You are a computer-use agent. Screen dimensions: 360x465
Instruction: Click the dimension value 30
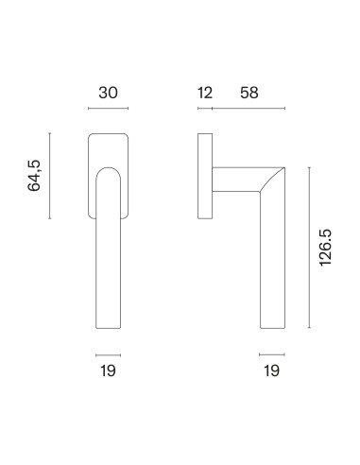(x=108, y=93)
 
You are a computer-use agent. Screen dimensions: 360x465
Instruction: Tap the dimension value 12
(x=205, y=93)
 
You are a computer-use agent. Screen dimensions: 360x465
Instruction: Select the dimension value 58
(x=249, y=93)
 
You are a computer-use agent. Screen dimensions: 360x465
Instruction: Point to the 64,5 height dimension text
(x=34, y=176)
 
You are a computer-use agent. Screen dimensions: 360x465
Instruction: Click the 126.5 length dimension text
(x=325, y=248)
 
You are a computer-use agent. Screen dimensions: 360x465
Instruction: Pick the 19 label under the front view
(x=108, y=370)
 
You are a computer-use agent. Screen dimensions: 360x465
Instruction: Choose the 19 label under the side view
(x=271, y=370)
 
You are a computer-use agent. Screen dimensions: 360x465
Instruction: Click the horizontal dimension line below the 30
(x=108, y=109)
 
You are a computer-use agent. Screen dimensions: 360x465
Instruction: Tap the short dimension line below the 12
(x=205, y=109)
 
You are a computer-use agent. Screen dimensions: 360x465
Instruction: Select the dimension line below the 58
(x=249, y=109)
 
